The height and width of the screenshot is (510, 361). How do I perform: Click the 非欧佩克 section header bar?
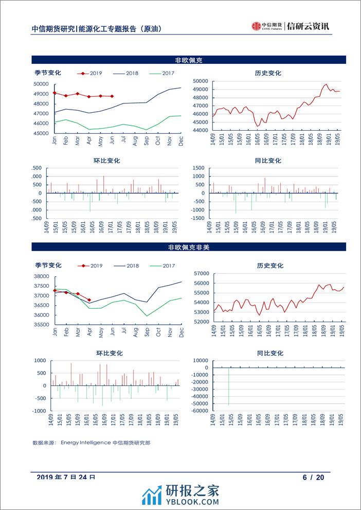pyautogui.click(x=180, y=60)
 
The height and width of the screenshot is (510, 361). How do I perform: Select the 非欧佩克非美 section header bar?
pyautogui.click(x=180, y=247)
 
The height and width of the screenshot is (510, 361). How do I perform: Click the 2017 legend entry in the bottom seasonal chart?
pyautogui.click(x=163, y=266)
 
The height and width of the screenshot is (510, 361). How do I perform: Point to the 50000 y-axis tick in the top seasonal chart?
pyautogui.click(x=41, y=84)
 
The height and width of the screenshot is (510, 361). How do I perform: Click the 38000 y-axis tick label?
pyautogui.click(x=41, y=276)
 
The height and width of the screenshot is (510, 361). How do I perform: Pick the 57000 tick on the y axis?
pyautogui.click(x=201, y=274)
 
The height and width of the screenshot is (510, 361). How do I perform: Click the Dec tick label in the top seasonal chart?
pyautogui.click(x=180, y=140)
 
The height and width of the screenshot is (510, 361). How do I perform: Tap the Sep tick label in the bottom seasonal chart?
pyautogui.click(x=147, y=332)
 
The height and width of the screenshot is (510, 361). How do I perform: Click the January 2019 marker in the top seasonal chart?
pyautogui.click(x=55, y=93)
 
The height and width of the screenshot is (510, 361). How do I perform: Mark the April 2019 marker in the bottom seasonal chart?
pyautogui.click(x=89, y=300)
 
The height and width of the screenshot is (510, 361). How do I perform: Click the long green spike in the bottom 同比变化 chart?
pyautogui.click(x=228, y=386)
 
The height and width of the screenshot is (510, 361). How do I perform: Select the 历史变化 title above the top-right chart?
pyautogui.click(x=268, y=73)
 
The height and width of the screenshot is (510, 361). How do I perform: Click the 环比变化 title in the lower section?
pyautogui.click(x=106, y=354)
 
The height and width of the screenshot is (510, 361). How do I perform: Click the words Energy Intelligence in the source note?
pyautogui.click(x=85, y=442)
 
